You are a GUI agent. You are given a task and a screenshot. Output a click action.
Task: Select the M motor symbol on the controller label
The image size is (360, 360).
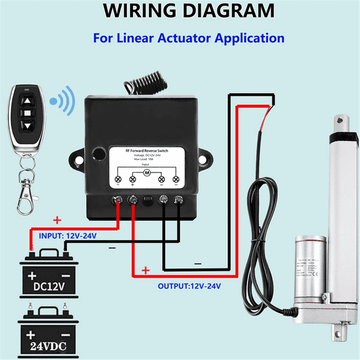(x=147, y=171)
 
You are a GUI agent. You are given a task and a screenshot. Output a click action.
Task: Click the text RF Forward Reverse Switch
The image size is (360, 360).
(x=146, y=151)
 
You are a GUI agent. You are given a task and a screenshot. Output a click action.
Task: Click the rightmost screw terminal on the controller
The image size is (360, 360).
(x=179, y=201)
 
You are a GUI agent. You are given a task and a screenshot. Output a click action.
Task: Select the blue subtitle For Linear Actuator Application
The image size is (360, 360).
(x=188, y=38)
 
